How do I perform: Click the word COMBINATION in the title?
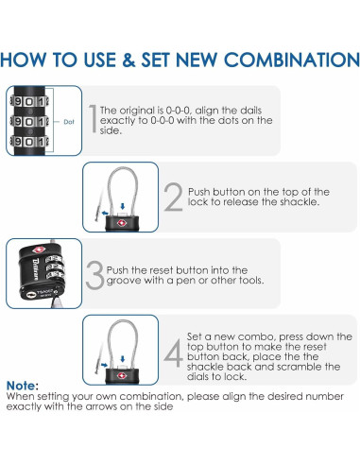coord(292,60)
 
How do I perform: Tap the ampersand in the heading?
coord(129,60)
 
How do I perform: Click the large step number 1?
coord(93,118)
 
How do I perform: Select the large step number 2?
coord(173,197)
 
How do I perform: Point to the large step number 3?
coord(94,275)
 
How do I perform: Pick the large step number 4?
coord(174,353)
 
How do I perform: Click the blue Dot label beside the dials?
coord(69,122)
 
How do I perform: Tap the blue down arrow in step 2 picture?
coord(123,206)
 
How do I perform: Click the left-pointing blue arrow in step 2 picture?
coord(105,214)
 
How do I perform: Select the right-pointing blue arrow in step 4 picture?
coord(105,365)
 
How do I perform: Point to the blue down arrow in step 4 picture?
coord(123,359)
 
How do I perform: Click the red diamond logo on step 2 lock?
coord(122,223)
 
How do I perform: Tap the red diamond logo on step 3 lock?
coord(39,250)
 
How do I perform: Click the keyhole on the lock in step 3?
coord(30,295)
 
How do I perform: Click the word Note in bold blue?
coord(21,386)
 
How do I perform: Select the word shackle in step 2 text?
coord(300,201)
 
